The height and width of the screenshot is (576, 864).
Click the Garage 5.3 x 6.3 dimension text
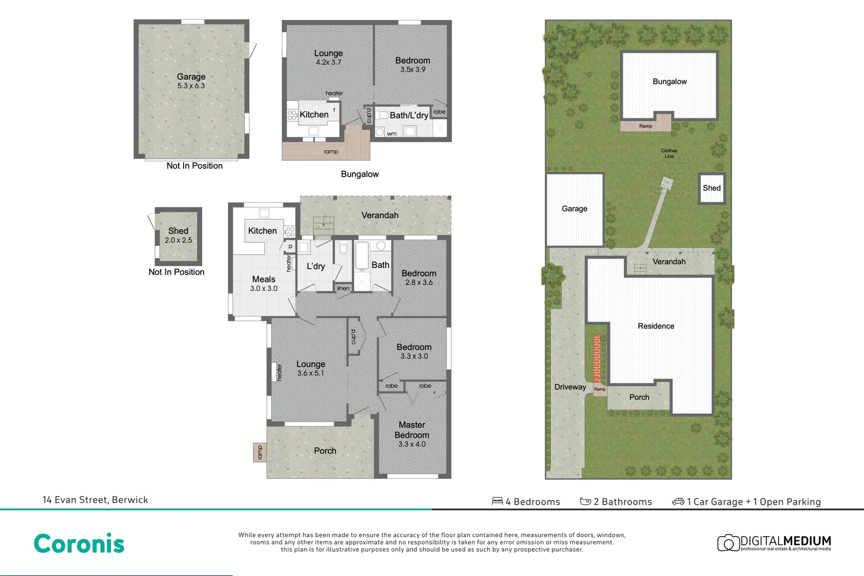[x=191, y=86]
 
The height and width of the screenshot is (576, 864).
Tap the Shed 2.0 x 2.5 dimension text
[x=178, y=240]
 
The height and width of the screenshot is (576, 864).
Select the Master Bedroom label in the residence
[x=411, y=430]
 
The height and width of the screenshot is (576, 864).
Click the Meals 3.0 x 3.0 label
[x=264, y=283]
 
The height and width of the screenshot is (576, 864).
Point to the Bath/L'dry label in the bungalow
[x=409, y=115]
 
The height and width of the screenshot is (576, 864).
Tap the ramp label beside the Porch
[x=259, y=452]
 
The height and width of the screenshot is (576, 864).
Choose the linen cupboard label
[x=343, y=288]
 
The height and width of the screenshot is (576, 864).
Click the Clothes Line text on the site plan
[x=669, y=153]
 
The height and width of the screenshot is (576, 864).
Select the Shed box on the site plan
[x=711, y=188]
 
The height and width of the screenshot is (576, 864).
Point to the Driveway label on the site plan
[x=570, y=387]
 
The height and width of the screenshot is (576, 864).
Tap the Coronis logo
[x=79, y=544]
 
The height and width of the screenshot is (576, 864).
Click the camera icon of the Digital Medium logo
[x=728, y=543]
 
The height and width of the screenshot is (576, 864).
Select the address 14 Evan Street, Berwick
[x=95, y=500]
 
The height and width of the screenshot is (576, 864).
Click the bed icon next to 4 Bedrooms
[x=497, y=502]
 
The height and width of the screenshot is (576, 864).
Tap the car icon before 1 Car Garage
[x=678, y=502]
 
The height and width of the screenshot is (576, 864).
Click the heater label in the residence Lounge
[x=279, y=372]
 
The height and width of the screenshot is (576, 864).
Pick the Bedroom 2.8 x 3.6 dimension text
[x=419, y=282]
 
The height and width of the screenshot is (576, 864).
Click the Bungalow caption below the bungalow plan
[x=360, y=174]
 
